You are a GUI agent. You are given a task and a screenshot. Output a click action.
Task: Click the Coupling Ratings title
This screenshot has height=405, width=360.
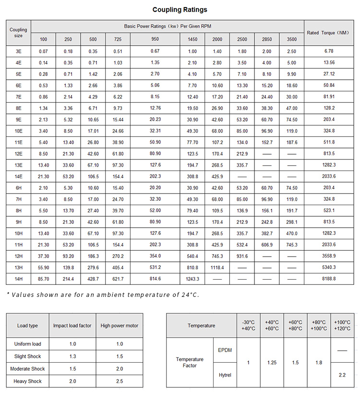click(180, 10)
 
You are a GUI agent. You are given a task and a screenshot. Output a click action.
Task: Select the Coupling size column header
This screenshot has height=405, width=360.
click(18, 33)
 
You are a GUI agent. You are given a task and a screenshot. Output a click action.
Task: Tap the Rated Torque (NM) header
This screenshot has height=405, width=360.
click(328, 33)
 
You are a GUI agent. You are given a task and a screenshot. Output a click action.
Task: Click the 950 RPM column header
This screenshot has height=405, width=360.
click(155, 39)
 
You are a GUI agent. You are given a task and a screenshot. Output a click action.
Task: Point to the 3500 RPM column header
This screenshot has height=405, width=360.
click(291, 39)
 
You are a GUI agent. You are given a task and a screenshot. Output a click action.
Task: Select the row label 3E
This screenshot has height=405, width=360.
click(18, 51)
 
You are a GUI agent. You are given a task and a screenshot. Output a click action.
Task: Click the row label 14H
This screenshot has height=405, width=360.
click(18, 279)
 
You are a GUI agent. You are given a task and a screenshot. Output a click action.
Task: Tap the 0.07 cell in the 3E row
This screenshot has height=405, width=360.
click(44, 51)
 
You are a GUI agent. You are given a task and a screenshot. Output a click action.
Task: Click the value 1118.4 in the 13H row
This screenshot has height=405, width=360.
click(217, 267)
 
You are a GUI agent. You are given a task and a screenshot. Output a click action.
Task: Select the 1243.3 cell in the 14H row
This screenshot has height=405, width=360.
click(192, 279)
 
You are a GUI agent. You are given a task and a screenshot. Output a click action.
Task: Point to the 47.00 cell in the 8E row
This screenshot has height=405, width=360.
click(291, 109)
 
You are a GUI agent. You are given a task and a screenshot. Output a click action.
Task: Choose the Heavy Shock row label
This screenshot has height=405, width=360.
click(28, 381)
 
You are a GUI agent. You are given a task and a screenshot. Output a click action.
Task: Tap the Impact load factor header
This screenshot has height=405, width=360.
click(72, 326)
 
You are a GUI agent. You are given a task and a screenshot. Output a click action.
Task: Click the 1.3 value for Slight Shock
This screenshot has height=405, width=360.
click(72, 356)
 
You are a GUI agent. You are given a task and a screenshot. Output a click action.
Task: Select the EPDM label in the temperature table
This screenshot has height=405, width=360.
click(225, 350)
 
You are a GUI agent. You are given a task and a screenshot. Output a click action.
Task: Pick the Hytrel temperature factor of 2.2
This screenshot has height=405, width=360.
click(342, 375)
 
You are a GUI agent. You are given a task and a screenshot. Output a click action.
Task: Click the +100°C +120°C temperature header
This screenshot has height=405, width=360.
click(342, 326)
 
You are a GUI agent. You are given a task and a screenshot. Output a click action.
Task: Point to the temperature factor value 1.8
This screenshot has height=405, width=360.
click(319, 363)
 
